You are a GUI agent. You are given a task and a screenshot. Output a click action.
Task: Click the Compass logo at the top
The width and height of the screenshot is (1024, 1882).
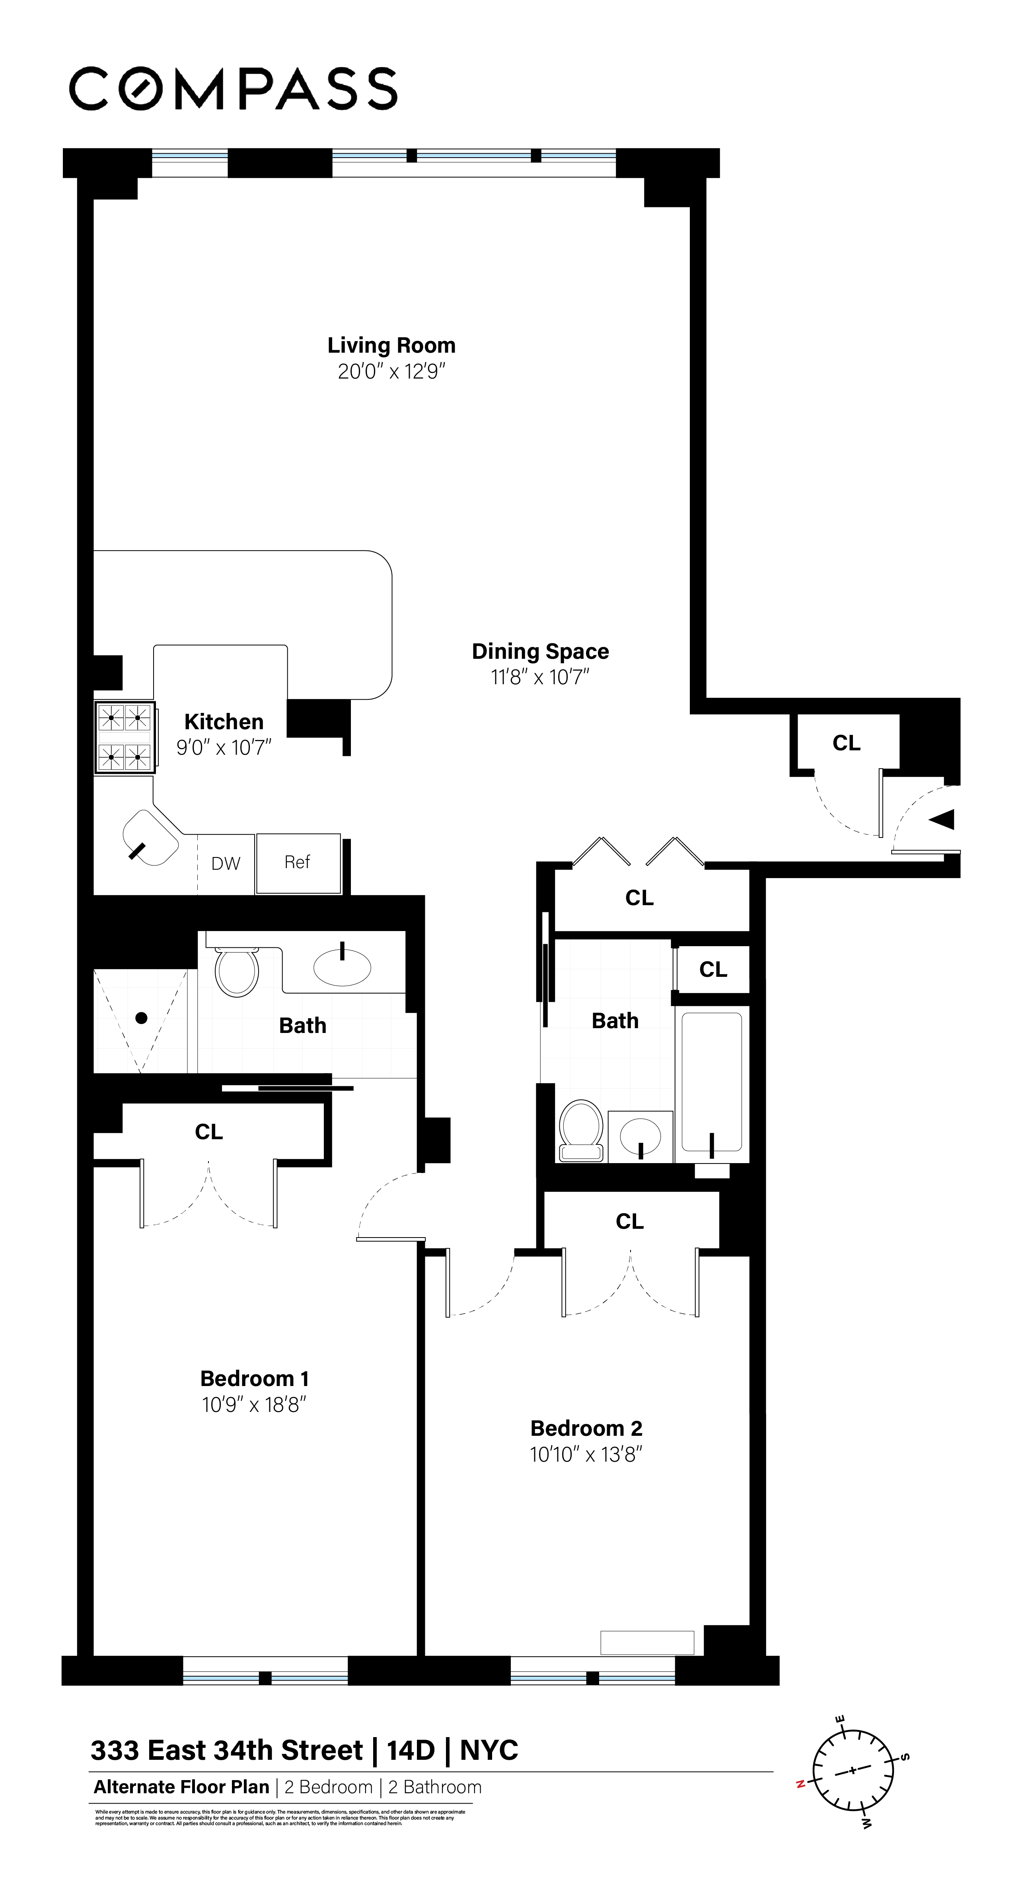tap(233, 88)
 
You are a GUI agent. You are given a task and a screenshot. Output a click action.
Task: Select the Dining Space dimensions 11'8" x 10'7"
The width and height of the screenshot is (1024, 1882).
tap(540, 677)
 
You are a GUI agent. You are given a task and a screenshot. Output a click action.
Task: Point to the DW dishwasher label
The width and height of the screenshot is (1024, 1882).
tap(226, 863)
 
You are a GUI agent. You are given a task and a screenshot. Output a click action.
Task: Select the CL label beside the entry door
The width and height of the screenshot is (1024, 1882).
tap(847, 743)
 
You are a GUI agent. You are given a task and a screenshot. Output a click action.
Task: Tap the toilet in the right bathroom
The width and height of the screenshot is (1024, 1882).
tap(581, 1130)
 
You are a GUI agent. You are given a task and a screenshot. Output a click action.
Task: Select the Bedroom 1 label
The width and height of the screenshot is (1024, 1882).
tap(254, 1378)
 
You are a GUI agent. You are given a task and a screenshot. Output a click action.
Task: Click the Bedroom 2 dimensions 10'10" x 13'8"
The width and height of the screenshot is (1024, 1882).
tap(586, 1454)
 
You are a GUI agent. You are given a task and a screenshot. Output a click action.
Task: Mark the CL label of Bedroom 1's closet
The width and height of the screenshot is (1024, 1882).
tap(209, 1132)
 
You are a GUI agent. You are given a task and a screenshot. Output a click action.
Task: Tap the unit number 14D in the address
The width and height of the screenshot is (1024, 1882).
tap(411, 1750)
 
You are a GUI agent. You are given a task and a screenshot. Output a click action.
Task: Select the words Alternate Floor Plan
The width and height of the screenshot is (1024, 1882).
tap(181, 1787)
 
